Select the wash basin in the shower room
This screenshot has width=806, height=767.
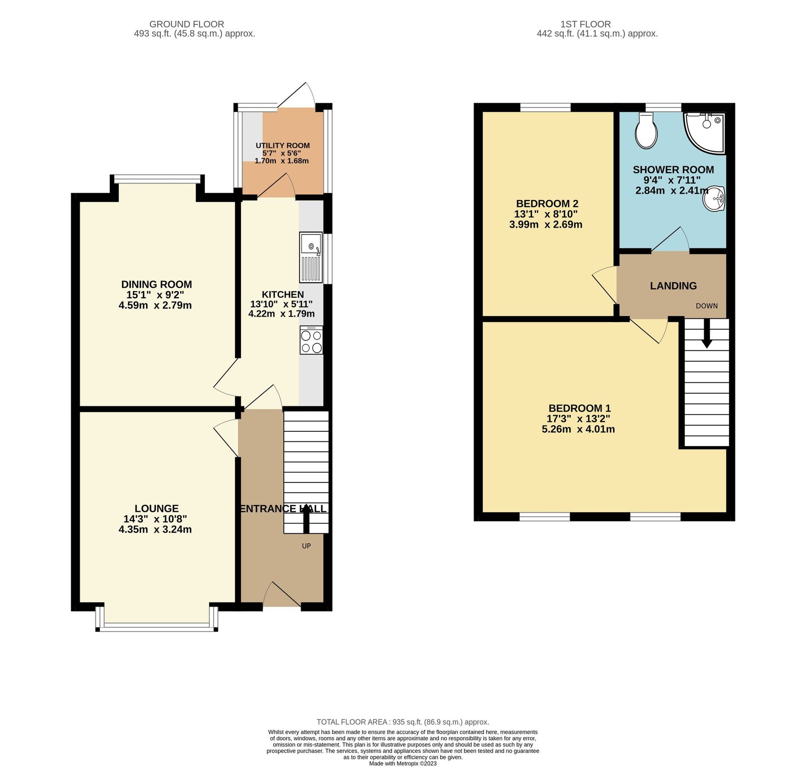click(714, 199)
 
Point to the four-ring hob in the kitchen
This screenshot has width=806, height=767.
click(311, 340)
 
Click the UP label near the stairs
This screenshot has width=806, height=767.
click(306, 546)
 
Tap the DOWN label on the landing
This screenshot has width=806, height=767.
click(706, 306)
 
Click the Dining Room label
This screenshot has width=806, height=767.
click(156, 284)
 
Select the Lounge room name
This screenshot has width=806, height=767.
click(156, 508)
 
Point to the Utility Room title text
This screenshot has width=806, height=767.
click(282, 146)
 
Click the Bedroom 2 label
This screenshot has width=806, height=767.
click(547, 204)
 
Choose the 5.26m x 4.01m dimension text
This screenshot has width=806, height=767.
click(578, 429)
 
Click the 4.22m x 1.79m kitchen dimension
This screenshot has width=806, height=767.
click(282, 314)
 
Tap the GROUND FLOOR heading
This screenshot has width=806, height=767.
click(187, 24)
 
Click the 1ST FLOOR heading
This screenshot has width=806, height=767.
click(585, 24)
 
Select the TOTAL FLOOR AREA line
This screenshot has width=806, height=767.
click(403, 722)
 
